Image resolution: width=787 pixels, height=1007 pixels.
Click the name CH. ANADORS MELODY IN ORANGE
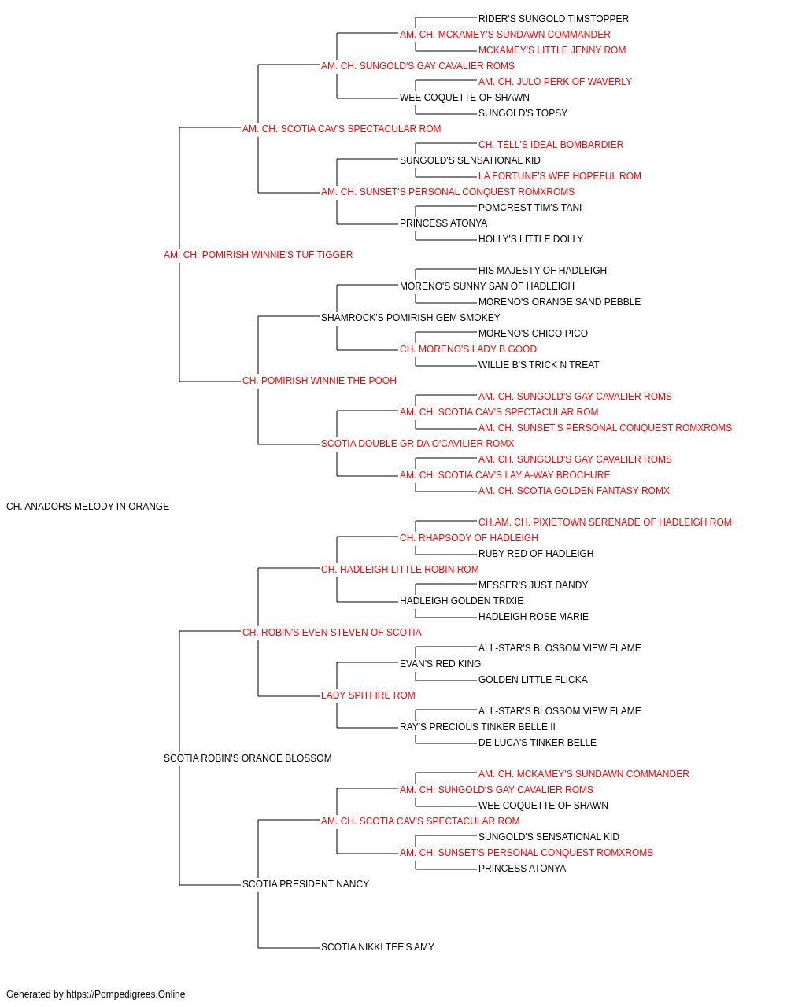87,506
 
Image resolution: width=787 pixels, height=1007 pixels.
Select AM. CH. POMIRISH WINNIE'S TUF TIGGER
258,254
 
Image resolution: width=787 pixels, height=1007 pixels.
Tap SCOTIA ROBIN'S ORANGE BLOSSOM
247,758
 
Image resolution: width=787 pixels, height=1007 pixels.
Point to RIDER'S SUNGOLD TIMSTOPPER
553,19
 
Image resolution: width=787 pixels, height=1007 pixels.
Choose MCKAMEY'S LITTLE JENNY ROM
552,50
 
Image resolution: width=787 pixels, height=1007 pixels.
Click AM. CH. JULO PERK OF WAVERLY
556,82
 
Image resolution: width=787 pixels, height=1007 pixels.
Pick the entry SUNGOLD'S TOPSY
523,113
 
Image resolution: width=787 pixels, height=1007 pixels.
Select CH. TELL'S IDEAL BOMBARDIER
551,145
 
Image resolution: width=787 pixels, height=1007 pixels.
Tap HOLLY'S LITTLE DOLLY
530,239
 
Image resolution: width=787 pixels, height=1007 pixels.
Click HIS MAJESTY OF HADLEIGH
542,270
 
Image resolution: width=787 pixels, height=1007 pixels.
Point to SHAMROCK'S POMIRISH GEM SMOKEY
411,317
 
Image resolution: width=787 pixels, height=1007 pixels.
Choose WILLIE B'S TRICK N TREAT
538,365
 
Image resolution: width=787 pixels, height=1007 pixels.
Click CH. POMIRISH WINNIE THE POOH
320,381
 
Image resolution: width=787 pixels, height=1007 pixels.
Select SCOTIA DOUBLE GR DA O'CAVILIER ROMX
418,444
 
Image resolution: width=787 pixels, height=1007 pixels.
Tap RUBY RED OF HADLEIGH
536,553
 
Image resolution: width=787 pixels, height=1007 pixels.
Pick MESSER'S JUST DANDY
533,585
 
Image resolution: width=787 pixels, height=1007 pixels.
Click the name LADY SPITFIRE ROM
368,695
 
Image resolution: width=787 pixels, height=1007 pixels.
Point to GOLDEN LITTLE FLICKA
533,680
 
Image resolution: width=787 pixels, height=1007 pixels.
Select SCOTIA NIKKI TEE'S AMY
378,946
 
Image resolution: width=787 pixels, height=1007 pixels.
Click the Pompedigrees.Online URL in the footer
126,994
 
